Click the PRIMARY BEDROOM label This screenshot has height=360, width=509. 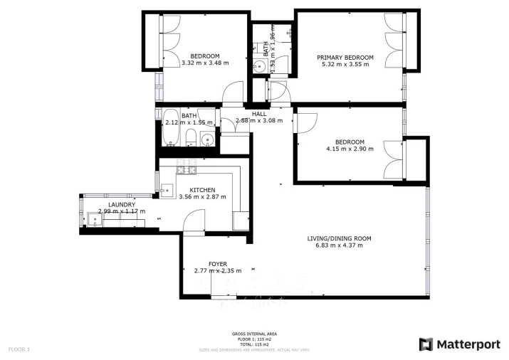coord(345,57)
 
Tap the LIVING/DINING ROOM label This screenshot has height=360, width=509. coord(339,238)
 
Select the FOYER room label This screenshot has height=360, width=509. coord(217,263)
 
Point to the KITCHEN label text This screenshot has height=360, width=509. coord(202,190)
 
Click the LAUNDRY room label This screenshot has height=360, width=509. coord(122,204)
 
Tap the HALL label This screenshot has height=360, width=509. coord(259,114)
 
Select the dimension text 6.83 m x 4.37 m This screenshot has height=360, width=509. coord(339,245)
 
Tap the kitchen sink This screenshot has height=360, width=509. coord(167,190)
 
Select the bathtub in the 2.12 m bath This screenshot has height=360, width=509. coord(171,128)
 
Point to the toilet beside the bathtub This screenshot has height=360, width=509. coord(190,138)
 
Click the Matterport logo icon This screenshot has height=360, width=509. coord(426,344)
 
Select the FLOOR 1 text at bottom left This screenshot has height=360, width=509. coord(19,349)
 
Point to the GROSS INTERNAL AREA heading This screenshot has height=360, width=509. coord(254,334)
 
